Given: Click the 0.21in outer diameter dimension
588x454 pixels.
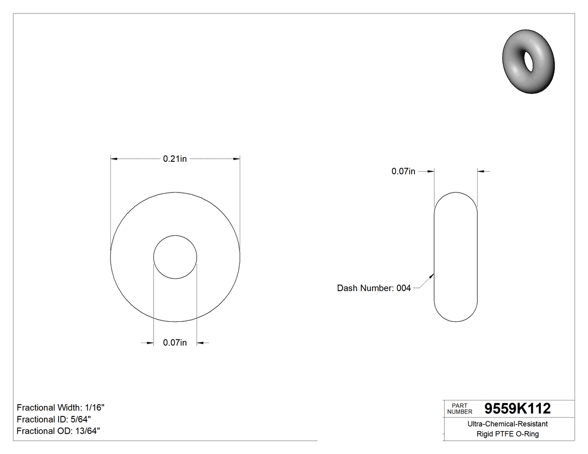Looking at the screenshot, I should click(175, 159).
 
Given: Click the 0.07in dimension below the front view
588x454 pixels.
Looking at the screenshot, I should click(175, 343).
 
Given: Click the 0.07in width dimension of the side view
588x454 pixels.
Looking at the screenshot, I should click(403, 171).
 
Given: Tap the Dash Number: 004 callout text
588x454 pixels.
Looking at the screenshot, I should click(374, 288).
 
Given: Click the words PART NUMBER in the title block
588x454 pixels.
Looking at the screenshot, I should click(460, 409).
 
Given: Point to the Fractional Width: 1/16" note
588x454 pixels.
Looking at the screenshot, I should click(60, 408).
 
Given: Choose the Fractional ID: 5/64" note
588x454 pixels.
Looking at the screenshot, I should click(54, 419).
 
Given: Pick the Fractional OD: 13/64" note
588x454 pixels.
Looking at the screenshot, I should click(58, 431).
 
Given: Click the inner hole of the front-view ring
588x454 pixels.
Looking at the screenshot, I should click(175, 257).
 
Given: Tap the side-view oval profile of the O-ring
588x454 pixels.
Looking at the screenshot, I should click(456, 257).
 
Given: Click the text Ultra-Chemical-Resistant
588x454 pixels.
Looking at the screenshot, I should click(507, 424).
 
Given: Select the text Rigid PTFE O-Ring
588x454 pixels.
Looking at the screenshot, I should click(507, 434).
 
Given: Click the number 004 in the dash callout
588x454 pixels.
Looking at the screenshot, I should click(403, 288).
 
